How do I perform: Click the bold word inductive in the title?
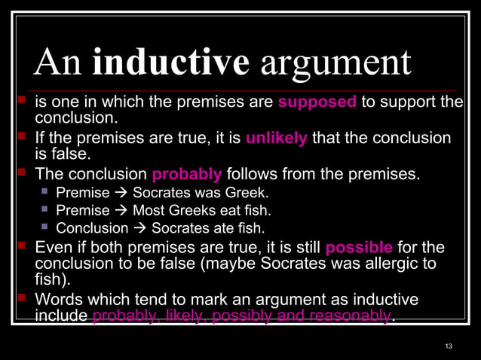point(170,63)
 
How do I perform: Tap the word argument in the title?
point(336,64)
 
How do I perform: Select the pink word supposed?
point(317,103)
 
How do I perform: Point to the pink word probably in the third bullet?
point(187,175)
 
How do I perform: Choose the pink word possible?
point(359,248)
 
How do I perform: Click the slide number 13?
point(449,346)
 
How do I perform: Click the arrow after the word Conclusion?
point(140,228)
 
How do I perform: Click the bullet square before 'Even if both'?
point(22,247)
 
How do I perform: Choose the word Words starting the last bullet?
point(57,300)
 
